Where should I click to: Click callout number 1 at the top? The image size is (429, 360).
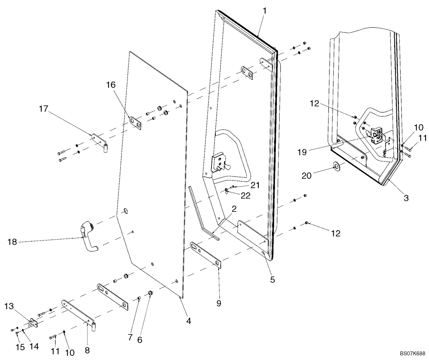(x=265, y=11)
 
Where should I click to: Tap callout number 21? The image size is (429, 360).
(x=255, y=185)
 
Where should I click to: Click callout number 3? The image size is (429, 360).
(x=405, y=198)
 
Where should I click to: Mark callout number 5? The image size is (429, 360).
(x=272, y=280)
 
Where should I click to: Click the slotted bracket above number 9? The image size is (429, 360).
(x=206, y=255)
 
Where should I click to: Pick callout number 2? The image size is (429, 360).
(x=234, y=210)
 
